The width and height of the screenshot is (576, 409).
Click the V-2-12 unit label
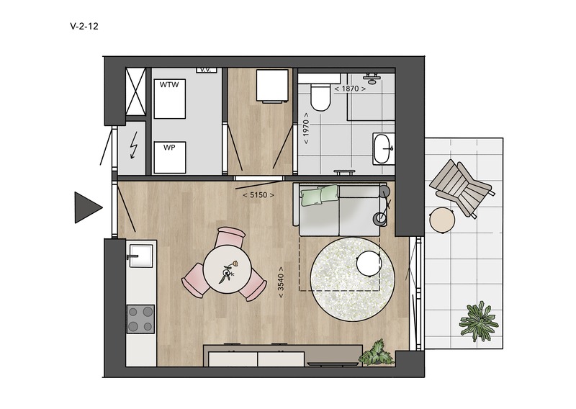(84, 26)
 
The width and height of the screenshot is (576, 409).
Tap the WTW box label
(169, 85)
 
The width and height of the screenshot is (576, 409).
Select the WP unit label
(169, 148)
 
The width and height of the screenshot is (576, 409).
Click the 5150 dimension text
(258, 194)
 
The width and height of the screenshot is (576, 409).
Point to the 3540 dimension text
(281, 282)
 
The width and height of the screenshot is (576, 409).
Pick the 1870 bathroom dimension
(350, 89)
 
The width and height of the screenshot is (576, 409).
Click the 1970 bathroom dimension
(307, 128)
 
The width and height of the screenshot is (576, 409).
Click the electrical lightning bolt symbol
(135, 145)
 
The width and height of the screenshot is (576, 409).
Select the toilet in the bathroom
(320, 97)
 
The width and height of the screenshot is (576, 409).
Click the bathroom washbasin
(384, 148)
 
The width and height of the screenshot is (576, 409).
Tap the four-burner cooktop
(140, 319)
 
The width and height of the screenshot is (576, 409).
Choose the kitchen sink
(140, 256)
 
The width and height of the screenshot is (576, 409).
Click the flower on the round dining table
(228, 272)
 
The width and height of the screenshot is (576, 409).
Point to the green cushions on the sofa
(320, 194)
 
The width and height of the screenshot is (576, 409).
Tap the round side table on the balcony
(442, 220)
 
